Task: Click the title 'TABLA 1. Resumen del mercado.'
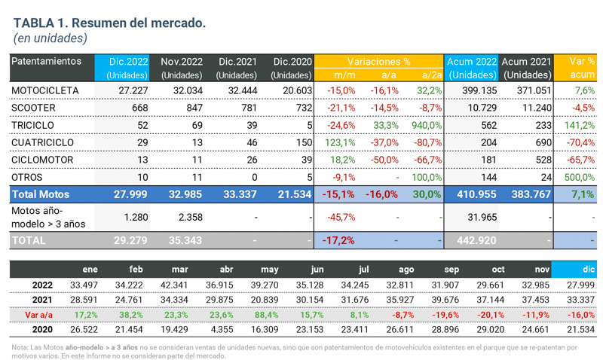pyautogui.click(x=109, y=23)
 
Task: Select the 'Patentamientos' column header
pyautogui.click(x=46, y=61)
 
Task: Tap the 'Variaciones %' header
pyautogui.click(x=378, y=61)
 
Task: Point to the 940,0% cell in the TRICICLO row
pyautogui.click(x=427, y=125)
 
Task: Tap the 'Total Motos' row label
pyautogui.click(x=40, y=194)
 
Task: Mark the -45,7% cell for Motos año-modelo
pyautogui.click(x=341, y=218)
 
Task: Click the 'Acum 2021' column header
pyautogui.click(x=526, y=61)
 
